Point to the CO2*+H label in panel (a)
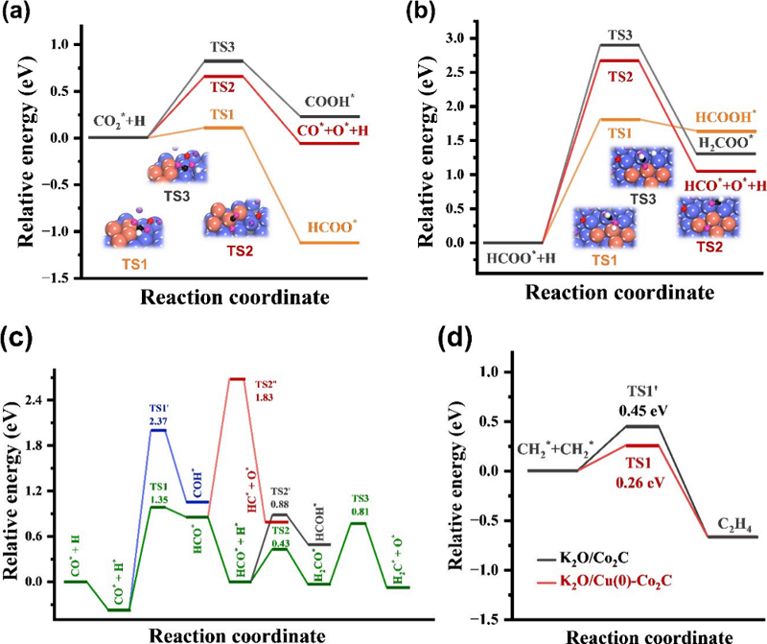(x=118, y=122)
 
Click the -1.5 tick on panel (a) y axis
(x=60, y=278)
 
